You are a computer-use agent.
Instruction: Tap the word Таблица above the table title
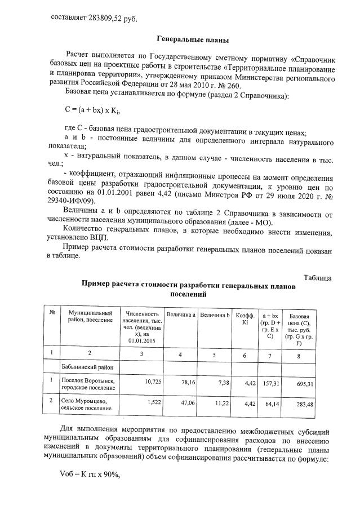coord(317,278)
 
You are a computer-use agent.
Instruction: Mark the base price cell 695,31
coord(302,382)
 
